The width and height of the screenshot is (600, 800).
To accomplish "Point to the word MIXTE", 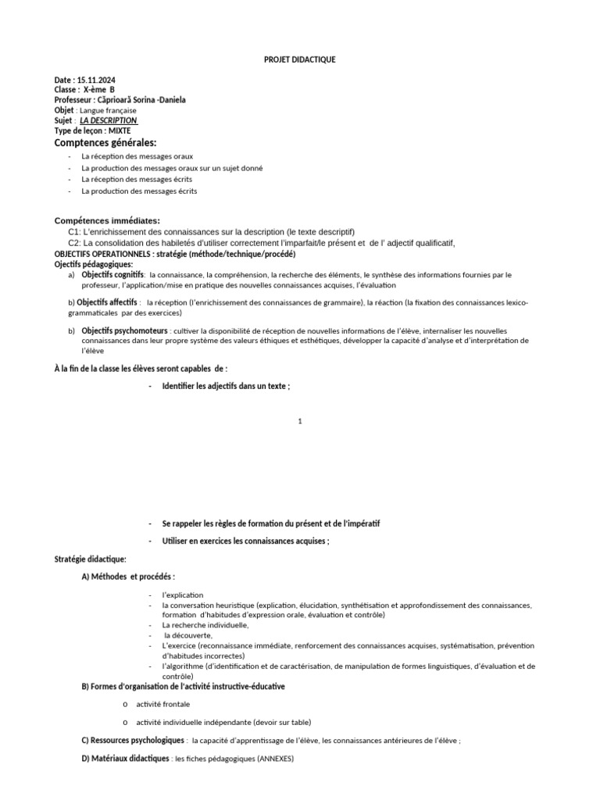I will coord(120,130).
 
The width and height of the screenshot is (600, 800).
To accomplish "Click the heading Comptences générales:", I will coord(105,143).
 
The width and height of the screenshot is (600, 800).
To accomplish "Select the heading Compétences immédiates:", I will coord(106,221).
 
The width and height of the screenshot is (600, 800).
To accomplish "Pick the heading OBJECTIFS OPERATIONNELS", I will coord(102,254).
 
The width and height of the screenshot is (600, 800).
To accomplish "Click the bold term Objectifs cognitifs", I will coord(112,275).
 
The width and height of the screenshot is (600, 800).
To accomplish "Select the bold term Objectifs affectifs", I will coord(110,302).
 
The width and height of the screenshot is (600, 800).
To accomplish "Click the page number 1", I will coord(299,422).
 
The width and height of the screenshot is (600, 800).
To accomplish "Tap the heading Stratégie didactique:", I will coord(90,559).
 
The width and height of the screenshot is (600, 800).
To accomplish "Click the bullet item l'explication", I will coord(182,595).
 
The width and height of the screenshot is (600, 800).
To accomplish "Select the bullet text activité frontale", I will coord(162,704).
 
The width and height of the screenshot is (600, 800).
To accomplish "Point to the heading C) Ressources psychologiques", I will coord(134,740).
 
